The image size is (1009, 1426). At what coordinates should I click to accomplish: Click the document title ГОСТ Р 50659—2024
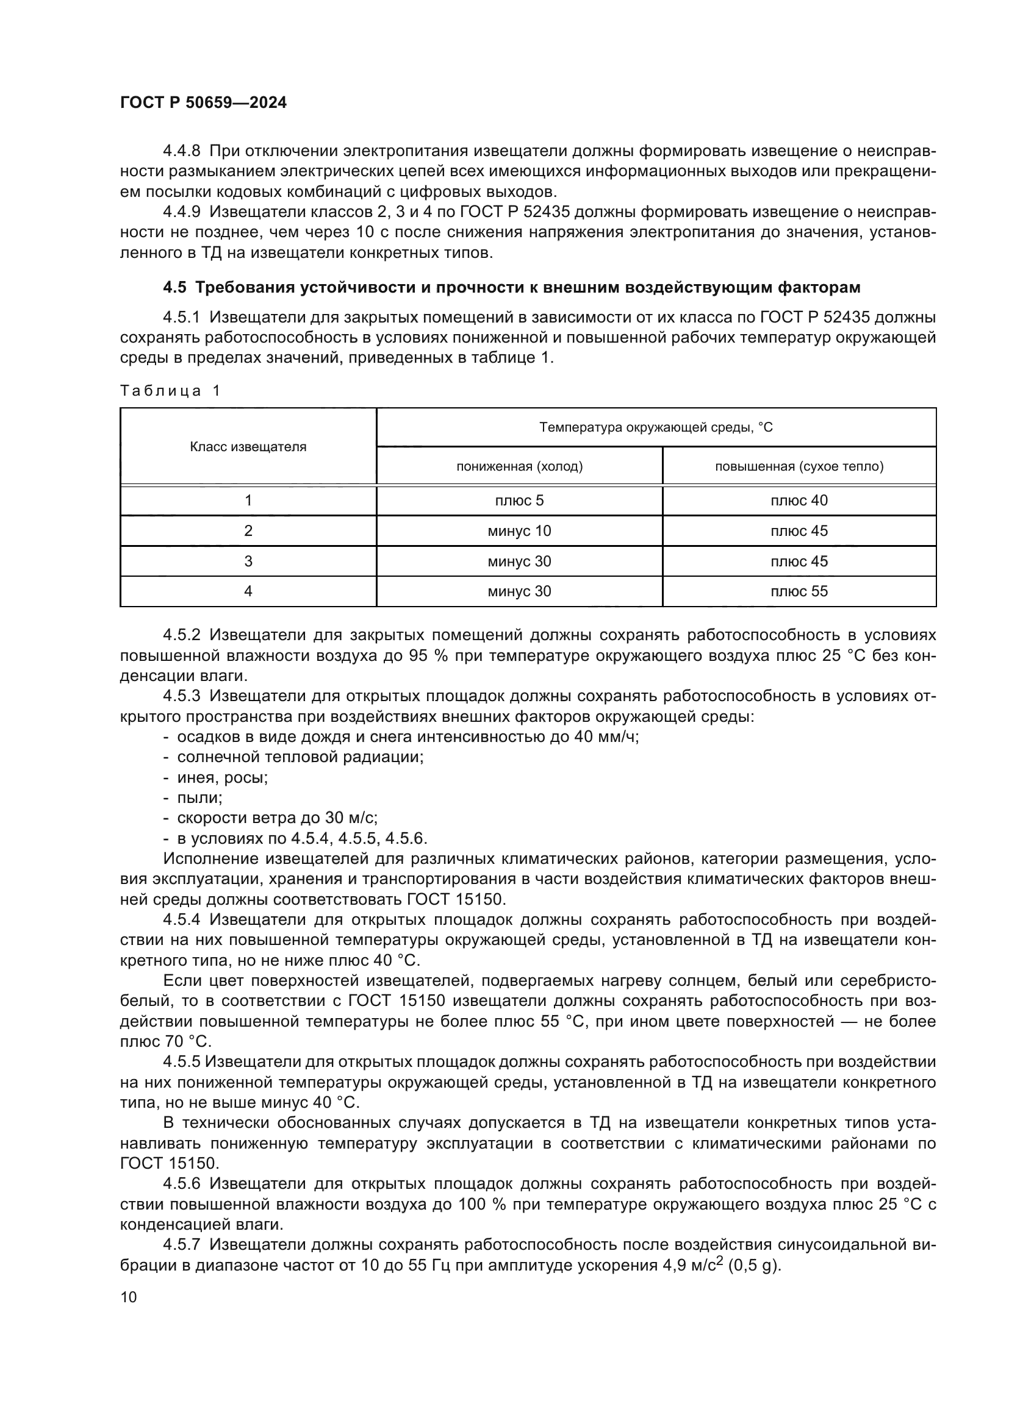(x=203, y=103)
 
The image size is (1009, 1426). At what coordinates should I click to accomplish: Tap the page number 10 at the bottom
(x=129, y=1297)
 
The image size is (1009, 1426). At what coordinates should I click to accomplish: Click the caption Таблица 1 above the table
(x=170, y=391)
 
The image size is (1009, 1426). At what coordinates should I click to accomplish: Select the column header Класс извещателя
(x=248, y=446)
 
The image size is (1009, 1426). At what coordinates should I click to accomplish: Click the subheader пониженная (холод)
(x=519, y=466)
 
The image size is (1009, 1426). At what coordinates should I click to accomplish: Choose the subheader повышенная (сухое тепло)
(x=799, y=466)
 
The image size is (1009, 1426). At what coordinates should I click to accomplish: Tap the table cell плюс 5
(x=519, y=501)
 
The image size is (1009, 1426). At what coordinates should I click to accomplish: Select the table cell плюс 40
(x=799, y=501)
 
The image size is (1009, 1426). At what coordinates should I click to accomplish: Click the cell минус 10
(x=519, y=531)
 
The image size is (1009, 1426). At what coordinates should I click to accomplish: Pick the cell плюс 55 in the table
(x=799, y=591)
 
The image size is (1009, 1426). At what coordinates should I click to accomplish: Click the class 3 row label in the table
(x=248, y=561)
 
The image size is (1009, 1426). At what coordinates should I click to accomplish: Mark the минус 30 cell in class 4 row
(x=519, y=591)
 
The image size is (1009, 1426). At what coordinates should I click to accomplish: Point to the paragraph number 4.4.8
(x=181, y=151)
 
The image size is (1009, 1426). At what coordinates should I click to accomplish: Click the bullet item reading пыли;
(x=199, y=798)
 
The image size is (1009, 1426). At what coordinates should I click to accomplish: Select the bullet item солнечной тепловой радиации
(x=300, y=757)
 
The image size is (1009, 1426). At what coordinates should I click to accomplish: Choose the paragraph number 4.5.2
(x=181, y=635)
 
